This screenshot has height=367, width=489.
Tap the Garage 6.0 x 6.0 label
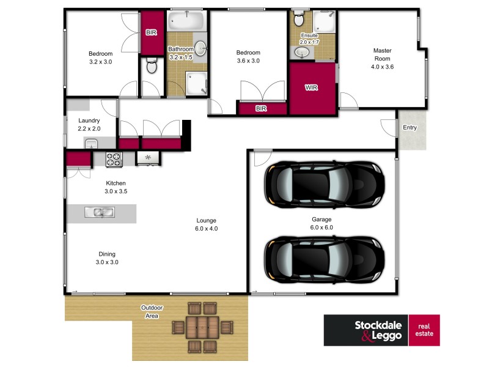(322, 223)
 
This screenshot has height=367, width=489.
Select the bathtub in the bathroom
(187, 21)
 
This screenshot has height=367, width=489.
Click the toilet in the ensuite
(300, 20)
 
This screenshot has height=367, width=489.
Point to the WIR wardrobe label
(312, 87)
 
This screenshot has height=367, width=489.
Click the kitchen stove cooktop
(114, 159)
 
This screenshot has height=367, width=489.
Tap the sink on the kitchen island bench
(98, 213)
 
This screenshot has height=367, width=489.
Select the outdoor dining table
(201, 327)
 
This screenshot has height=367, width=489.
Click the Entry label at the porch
(409, 128)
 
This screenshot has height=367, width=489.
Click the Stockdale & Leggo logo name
(366, 330)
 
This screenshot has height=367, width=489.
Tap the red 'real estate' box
(424, 330)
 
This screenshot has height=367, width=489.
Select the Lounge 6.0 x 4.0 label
(206, 224)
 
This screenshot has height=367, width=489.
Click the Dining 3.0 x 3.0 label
(107, 258)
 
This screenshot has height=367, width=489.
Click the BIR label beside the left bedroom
(150, 33)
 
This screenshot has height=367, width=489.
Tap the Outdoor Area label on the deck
(150, 312)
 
